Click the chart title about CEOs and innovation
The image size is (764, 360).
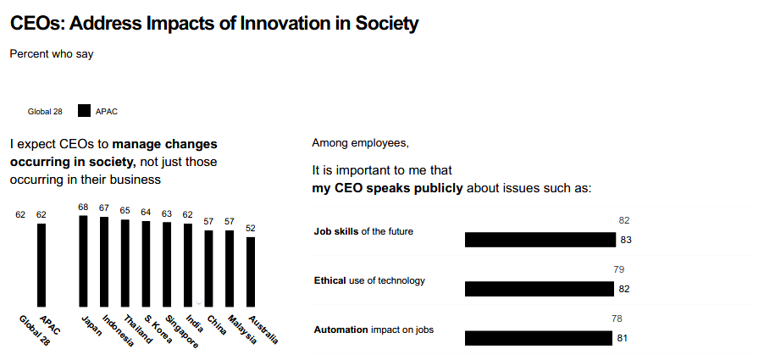214,24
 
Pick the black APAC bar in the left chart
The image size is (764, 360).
42,264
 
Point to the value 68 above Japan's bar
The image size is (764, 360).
83,207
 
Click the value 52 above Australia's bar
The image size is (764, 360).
251,228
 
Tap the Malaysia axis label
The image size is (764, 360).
242,329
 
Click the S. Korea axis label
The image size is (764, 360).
158,328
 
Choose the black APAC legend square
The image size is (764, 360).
84,111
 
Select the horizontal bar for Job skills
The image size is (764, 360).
540,240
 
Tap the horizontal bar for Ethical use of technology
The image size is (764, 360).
539,289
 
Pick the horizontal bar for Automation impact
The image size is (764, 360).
538,338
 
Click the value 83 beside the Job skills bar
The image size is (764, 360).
626,240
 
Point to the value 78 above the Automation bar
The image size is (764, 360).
617,318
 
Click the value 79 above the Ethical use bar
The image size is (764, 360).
618,269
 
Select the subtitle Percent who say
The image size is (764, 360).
52,54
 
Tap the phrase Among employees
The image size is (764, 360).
361,142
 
